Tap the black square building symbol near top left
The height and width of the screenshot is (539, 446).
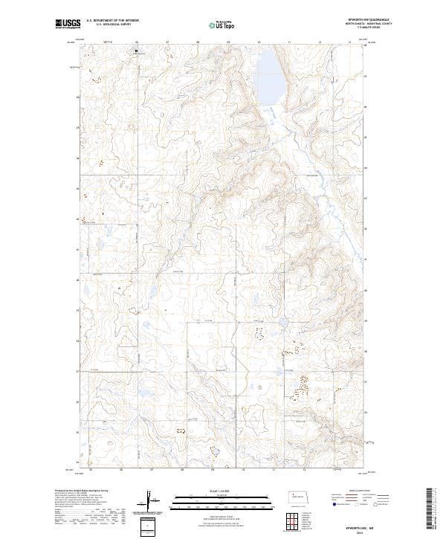pyautogui.click(x=136, y=51)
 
